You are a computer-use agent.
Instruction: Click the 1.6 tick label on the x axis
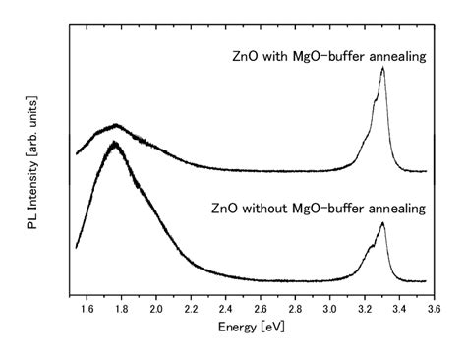(87, 309)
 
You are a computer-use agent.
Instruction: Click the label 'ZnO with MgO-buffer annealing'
(322, 57)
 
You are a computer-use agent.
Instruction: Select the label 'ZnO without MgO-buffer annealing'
(318, 208)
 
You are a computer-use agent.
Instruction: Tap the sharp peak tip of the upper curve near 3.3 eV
(382, 68)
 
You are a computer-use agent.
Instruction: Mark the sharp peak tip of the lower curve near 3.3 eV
(382, 223)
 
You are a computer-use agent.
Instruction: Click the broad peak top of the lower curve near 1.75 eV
(116, 144)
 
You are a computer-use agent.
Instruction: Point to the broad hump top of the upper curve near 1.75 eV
(116, 125)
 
